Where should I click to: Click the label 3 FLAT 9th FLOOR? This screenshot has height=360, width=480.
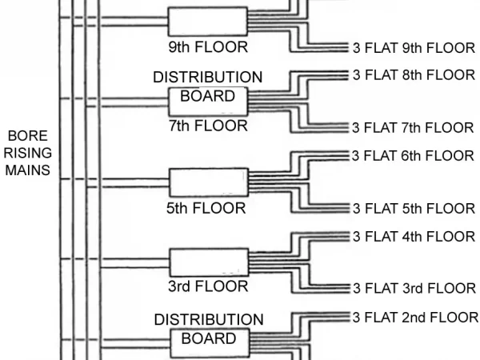(x=414, y=47)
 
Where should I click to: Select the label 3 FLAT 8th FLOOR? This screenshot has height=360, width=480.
(x=414, y=74)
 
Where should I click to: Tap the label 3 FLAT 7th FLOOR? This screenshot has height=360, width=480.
(x=414, y=127)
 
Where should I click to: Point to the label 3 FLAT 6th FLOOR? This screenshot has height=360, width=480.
(x=414, y=155)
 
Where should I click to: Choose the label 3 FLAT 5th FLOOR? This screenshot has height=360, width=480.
(x=414, y=208)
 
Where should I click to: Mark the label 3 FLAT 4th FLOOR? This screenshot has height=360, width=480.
(x=414, y=236)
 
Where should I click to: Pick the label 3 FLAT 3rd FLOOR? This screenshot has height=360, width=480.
(x=414, y=288)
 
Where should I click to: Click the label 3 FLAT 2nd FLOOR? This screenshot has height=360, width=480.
(x=415, y=316)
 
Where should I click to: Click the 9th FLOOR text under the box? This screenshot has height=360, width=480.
(x=208, y=47)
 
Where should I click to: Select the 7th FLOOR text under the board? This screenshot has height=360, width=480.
(x=208, y=126)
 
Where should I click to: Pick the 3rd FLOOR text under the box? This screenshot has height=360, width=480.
(x=208, y=286)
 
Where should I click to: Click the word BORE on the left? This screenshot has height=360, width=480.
(x=29, y=136)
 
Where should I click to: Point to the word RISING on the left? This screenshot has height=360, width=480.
(x=29, y=153)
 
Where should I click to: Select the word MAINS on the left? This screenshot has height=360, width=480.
(x=29, y=170)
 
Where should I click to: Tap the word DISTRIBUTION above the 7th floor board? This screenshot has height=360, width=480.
(x=208, y=78)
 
